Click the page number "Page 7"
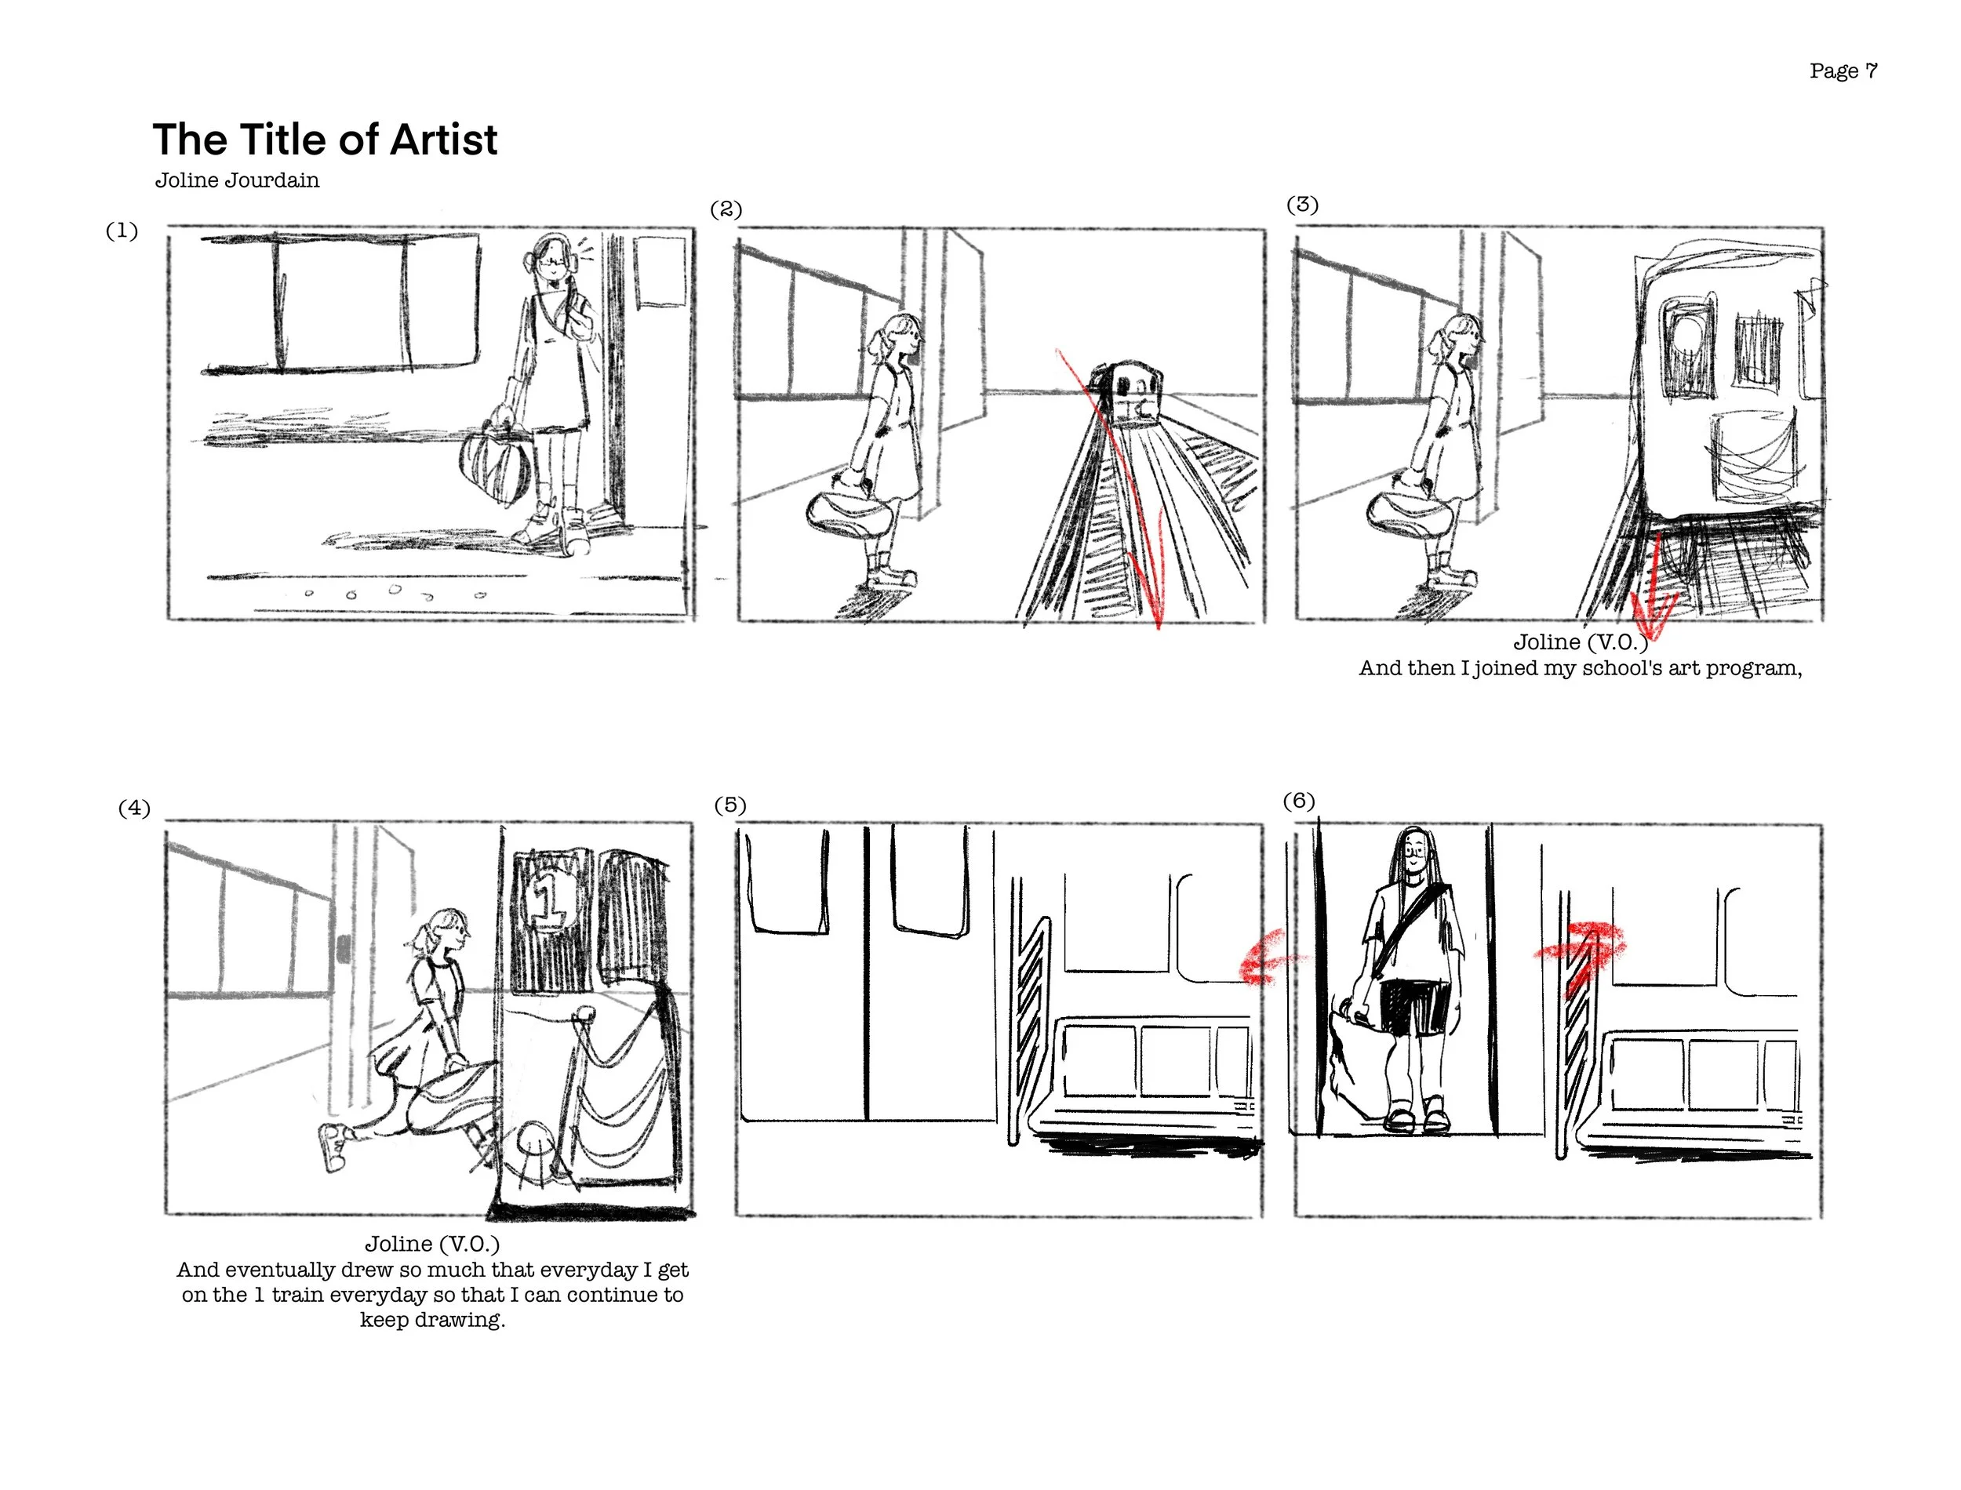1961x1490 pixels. [x=1843, y=71]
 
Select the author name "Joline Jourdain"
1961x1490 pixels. [x=237, y=180]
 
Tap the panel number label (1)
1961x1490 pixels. [x=122, y=231]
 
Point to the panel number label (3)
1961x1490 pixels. [x=1302, y=204]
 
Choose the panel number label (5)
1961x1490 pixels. [x=730, y=805]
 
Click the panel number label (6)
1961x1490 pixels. [x=1298, y=801]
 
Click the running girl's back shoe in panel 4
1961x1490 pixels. [x=333, y=1146]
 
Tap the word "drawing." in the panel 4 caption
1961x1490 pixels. [x=432, y=1320]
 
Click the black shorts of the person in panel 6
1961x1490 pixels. [x=1416, y=1008]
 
